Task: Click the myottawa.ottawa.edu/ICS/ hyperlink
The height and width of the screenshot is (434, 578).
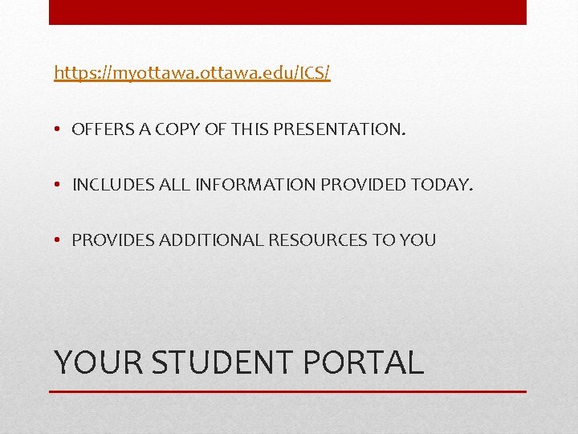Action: pyautogui.click(x=192, y=73)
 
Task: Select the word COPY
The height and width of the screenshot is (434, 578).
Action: pyautogui.click(x=171, y=129)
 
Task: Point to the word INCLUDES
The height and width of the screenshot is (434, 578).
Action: pyautogui.click(x=108, y=185)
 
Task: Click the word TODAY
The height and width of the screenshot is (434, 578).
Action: pyautogui.click(x=442, y=185)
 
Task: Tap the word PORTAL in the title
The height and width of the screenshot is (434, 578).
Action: pyautogui.click(x=363, y=362)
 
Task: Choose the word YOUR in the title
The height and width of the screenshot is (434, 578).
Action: pyautogui.click(x=97, y=362)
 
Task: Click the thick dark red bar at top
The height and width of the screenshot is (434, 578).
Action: pyautogui.click(x=287, y=12)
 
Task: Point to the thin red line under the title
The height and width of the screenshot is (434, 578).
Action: pyautogui.click(x=287, y=391)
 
